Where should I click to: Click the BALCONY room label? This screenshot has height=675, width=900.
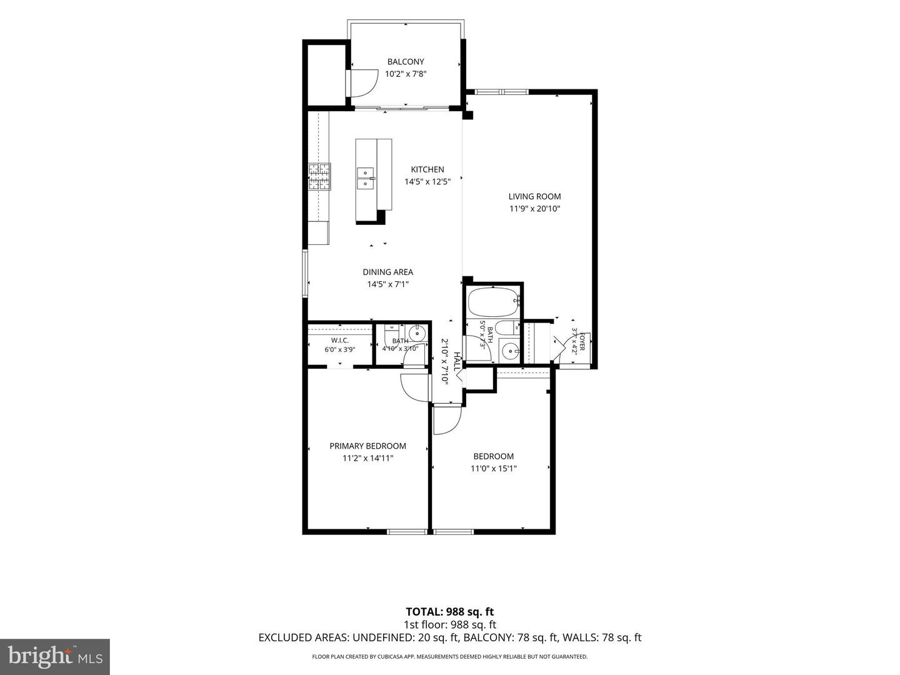click(406, 62)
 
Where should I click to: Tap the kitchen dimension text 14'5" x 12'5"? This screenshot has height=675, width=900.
click(427, 181)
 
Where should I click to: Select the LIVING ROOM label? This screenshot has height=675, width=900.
click(534, 197)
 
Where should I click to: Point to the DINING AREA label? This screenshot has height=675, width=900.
click(388, 272)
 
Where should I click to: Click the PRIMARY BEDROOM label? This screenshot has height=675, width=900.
click(367, 446)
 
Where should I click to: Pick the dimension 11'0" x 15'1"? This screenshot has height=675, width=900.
click(493, 469)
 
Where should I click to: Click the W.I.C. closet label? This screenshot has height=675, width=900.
click(340, 341)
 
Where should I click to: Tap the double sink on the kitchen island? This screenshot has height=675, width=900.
click(366, 178)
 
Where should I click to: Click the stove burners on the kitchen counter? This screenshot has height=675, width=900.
click(319, 177)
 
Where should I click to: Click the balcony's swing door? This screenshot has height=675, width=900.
click(362, 83)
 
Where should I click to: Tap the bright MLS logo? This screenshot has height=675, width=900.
click(55, 657)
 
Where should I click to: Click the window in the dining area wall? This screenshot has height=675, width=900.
click(305, 272)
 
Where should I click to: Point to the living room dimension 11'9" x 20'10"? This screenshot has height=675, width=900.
click(534, 209)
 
